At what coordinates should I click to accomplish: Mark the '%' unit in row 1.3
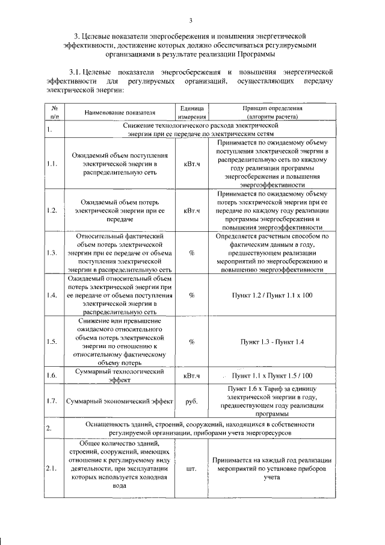tap(192, 253)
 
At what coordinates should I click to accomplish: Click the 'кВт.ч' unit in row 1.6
tap(192, 376)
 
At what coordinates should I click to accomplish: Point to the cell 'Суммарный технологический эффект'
tap(120, 376)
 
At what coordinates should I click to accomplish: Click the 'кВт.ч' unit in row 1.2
tap(192, 211)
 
